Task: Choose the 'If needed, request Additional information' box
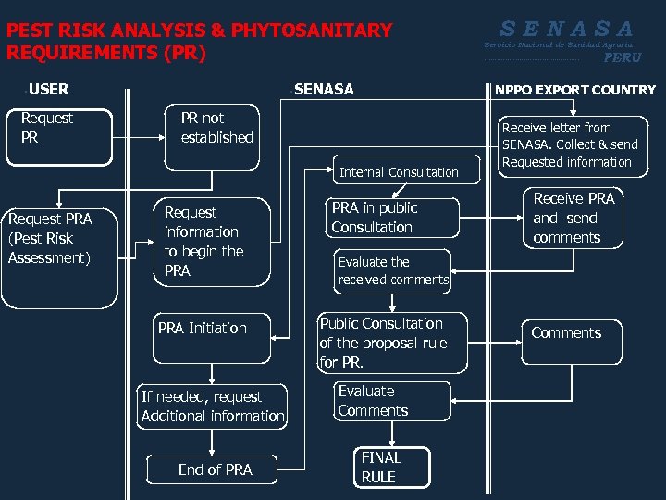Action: (x=213, y=406)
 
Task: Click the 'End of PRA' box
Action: (x=215, y=469)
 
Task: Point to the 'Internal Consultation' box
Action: (x=399, y=172)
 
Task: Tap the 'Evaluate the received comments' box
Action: (x=393, y=270)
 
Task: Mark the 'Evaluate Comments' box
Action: (x=378, y=401)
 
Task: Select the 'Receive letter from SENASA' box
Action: (x=569, y=144)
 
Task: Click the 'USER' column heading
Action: (x=48, y=90)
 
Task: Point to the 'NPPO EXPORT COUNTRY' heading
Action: (x=575, y=91)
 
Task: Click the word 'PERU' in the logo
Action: (x=622, y=57)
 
